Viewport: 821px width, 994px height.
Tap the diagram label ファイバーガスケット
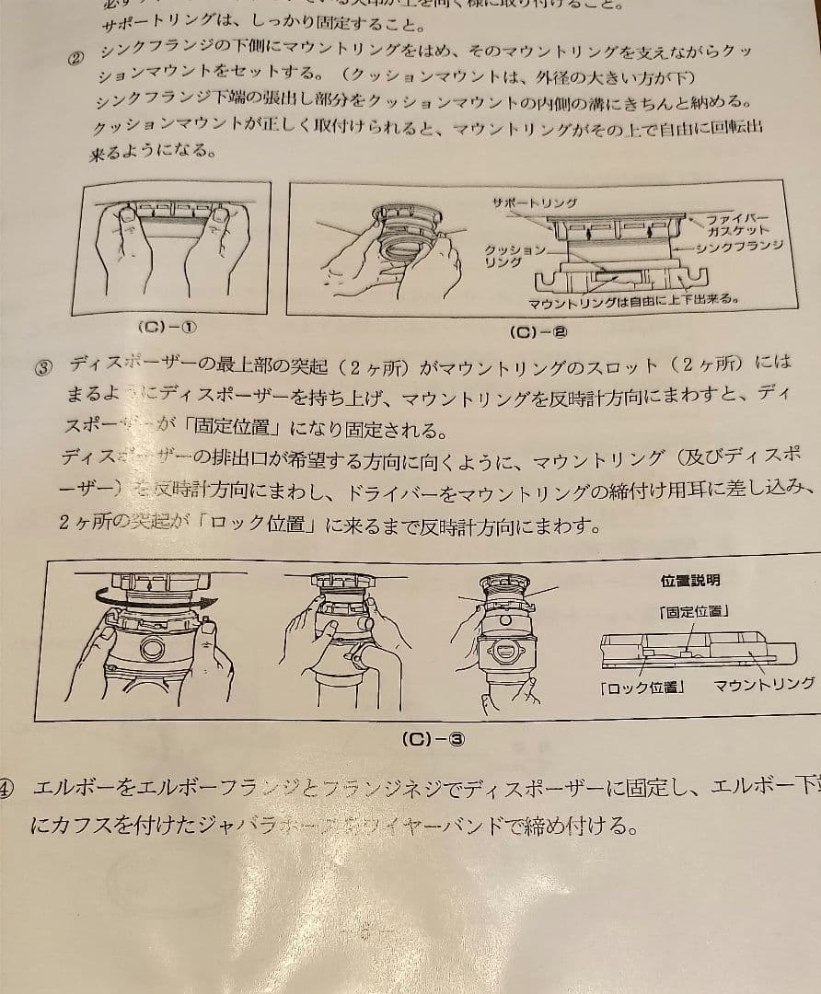click(737, 224)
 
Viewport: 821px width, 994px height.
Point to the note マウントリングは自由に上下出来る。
click(635, 301)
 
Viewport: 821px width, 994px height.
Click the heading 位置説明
click(690, 581)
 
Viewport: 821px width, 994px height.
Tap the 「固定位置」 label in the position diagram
click(694, 611)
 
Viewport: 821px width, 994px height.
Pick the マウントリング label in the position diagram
click(764, 684)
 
